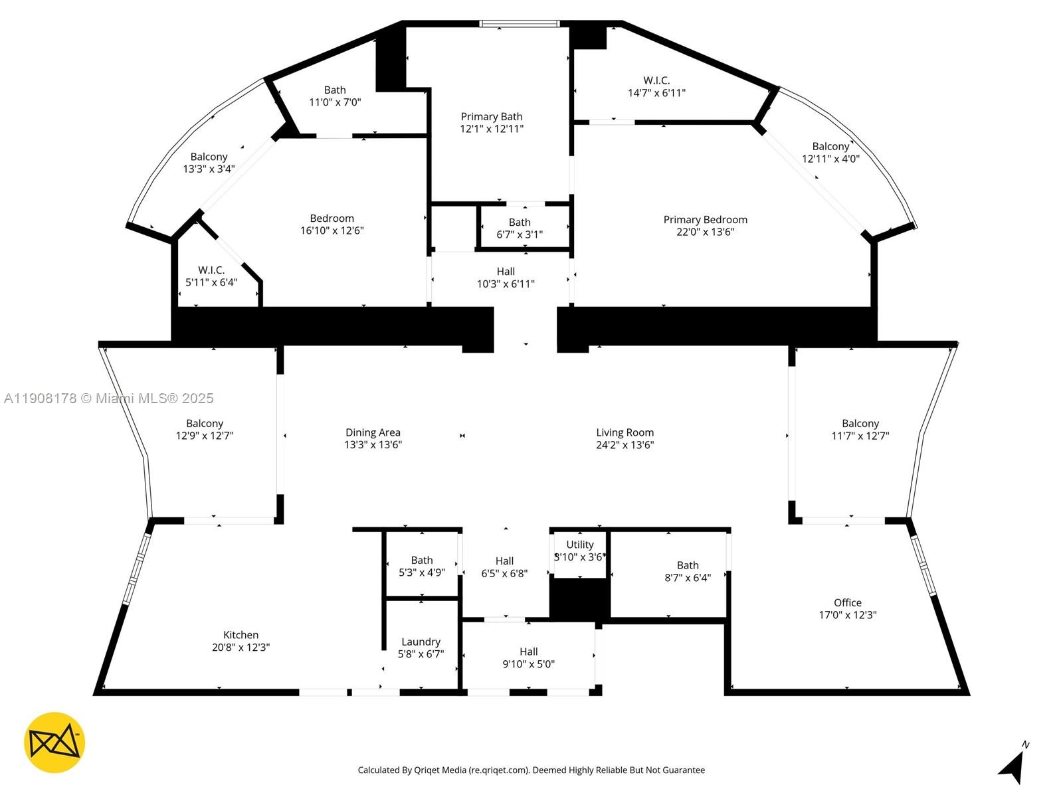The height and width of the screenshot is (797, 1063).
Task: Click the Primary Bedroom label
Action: pyautogui.click(x=705, y=220)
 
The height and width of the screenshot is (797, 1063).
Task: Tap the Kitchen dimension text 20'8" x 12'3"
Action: pyautogui.click(x=241, y=648)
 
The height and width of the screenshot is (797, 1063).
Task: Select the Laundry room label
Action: pyautogui.click(x=421, y=642)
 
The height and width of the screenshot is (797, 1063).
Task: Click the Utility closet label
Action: pyautogui.click(x=579, y=545)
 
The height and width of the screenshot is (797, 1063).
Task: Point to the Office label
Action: pyautogui.click(x=847, y=602)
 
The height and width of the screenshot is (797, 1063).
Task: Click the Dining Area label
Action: pyautogui.click(x=373, y=432)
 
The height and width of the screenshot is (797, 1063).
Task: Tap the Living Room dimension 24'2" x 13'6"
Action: pyautogui.click(x=625, y=445)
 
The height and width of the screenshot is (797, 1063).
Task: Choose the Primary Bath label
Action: pyautogui.click(x=492, y=117)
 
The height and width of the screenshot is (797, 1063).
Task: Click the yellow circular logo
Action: pyautogui.click(x=54, y=743)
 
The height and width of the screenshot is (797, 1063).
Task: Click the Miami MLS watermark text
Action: pyautogui.click(x=109, y=398)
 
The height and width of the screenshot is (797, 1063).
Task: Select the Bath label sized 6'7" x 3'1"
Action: pyautogui.click(x=520, y=222)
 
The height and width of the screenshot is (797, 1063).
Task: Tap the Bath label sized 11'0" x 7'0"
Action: pyautogui.click(x=335, y=90)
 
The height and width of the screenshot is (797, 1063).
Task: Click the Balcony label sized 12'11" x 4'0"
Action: pyautogui.click(x=830, y=147)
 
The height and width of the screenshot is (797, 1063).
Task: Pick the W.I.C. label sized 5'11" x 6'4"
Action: pyautogui.click(x=211, y=270)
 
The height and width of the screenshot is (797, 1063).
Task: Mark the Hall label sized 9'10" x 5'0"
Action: pyautogui.click(x=528, y=652)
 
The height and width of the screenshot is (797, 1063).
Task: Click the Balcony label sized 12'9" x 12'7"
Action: pyautogui.click(x=205, y=424)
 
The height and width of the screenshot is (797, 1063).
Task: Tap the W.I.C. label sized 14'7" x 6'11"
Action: pyautogui.click(x=656, y=81)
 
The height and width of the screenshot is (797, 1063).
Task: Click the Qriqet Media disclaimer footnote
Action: pyautogui.click(x=531, y=770)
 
